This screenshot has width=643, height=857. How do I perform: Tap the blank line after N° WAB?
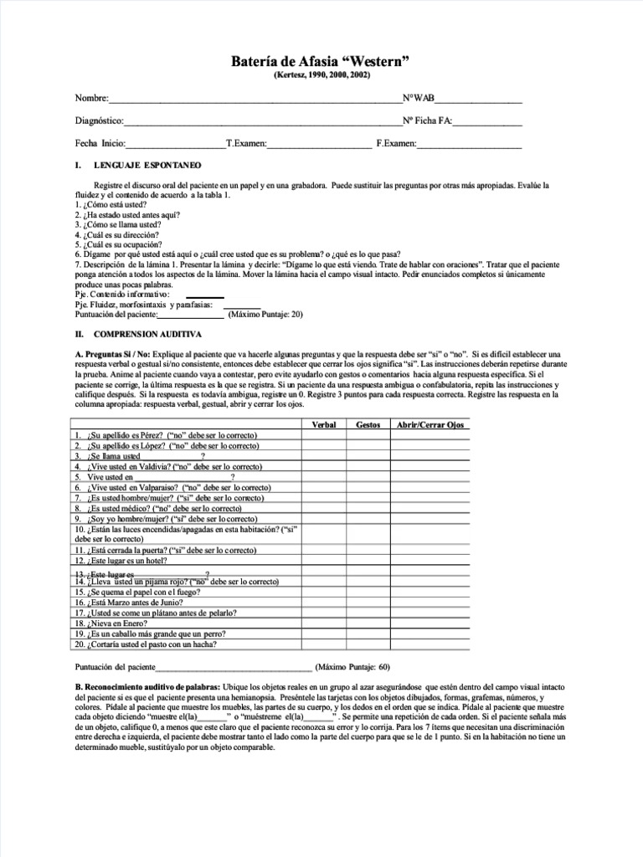(478, 100)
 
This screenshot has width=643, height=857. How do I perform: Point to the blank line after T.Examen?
(319, 145)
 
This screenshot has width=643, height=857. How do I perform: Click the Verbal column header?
(323, 425)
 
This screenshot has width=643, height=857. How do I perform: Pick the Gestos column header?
(368, 425)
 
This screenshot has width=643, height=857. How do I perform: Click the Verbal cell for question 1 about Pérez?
(323, 436)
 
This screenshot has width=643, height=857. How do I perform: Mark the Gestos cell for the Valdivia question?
(368, 467)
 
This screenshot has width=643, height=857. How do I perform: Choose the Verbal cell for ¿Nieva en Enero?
(323, 624)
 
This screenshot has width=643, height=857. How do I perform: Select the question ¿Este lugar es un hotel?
(126, 561)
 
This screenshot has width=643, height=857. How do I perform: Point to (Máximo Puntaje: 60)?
(352, 668)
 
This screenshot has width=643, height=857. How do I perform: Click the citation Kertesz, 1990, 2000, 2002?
(321, 76)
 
